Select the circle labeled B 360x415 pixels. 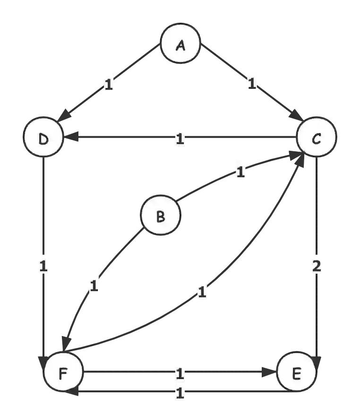coord(161,217)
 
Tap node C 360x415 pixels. coord(316,138)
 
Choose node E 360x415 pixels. coord(296,373)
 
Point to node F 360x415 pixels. coord(63,373)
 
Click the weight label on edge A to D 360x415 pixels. coord(110,86)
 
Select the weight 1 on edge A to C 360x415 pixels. coord(251,84)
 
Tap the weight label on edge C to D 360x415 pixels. coord(180,139)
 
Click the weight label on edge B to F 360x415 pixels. coord(95,286)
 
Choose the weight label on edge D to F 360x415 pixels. coord(43,266)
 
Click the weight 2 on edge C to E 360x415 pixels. coord(316,266)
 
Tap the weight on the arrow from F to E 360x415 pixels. coord(180,373)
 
